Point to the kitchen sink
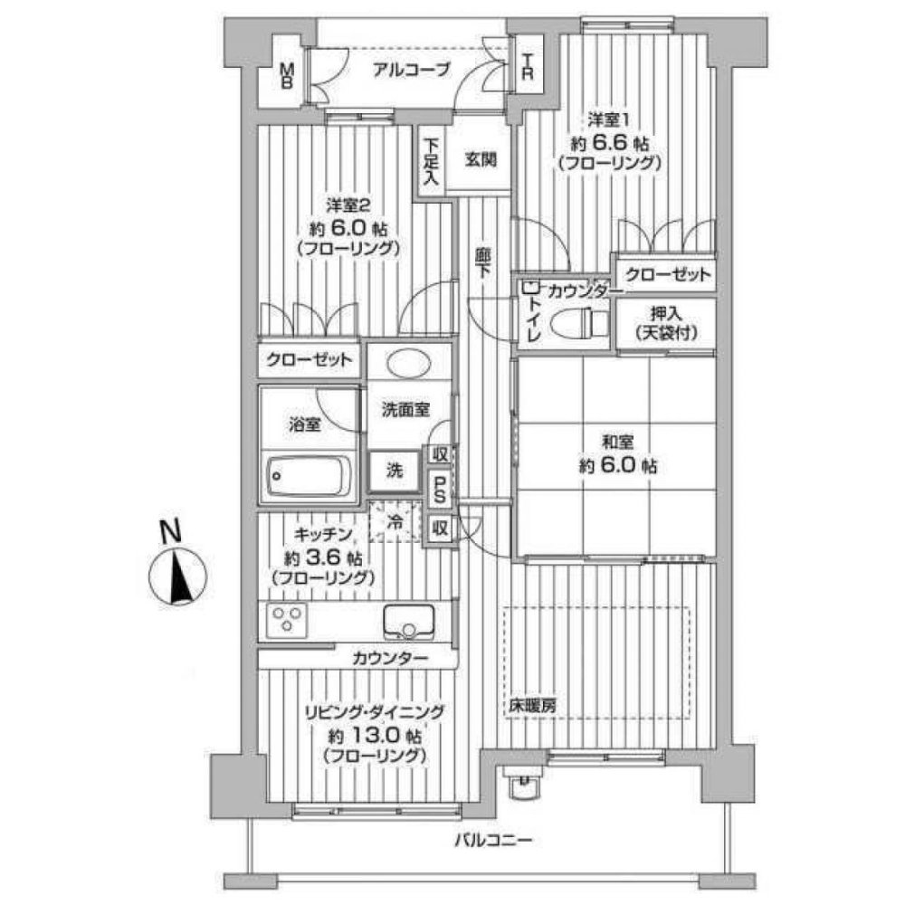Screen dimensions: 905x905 412,621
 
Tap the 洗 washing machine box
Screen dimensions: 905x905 395,471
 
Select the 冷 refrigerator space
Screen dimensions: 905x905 396,522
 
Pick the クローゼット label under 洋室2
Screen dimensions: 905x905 309,359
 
